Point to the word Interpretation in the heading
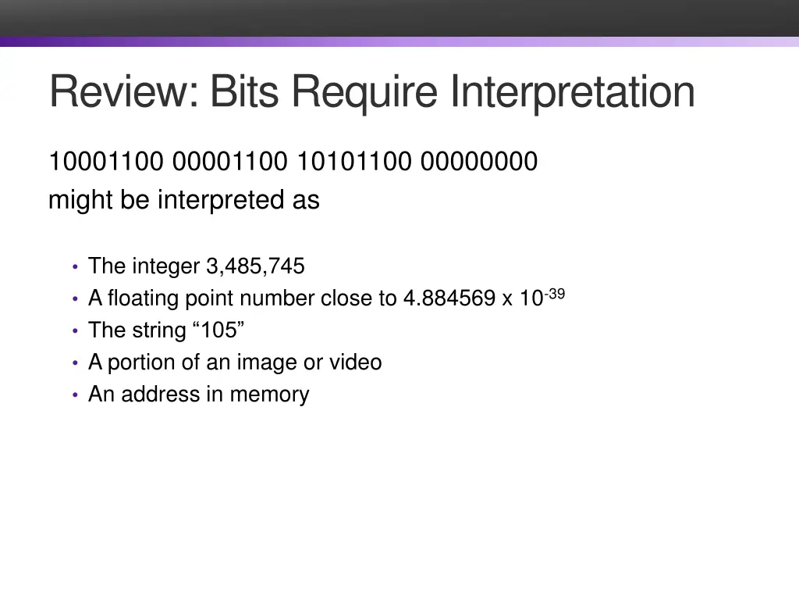point(572,91)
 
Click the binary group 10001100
point(106,162)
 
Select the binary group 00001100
point(230,162)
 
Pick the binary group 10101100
point(354,162)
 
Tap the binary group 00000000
point(479,162)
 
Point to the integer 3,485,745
point(255,266)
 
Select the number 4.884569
point(449,298)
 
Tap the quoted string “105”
point(218,330)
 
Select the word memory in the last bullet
point(269,395)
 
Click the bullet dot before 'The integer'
point(74,267)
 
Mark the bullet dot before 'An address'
point(74,395)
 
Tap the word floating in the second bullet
point(145,298)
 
